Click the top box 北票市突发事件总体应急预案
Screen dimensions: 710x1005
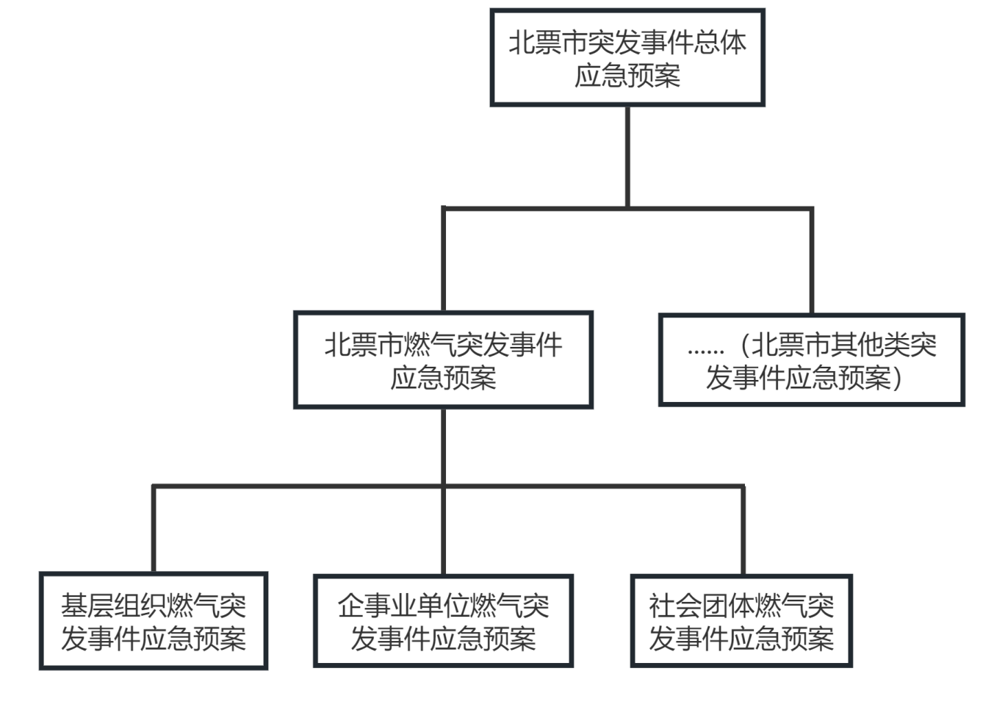pyautogui.click(x=627, y=58)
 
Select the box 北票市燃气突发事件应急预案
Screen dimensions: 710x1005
pyautogui.click(x=443, y=360)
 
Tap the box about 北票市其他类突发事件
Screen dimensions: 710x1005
pyautogui.click(x=811, y=360)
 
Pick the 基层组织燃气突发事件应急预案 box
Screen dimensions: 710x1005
pyautogui.click(x=153, y=622)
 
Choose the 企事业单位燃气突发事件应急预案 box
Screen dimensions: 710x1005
pyautogui.click(x=443, y=622)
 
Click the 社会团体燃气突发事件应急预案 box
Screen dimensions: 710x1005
pyautogui.click(x=741, y=622)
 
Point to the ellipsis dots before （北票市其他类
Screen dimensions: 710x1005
pyautogui.click(x=706, y=351)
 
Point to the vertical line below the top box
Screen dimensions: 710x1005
pyautogui.click(x=627, y=156)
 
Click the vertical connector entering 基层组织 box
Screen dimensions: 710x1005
pyautogui.click(x=154, y=529)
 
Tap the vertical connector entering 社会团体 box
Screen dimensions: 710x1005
pyautogui.click(x=743, y=529)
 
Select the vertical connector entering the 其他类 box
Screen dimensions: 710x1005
pyautogui.click(x=811, y=261)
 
